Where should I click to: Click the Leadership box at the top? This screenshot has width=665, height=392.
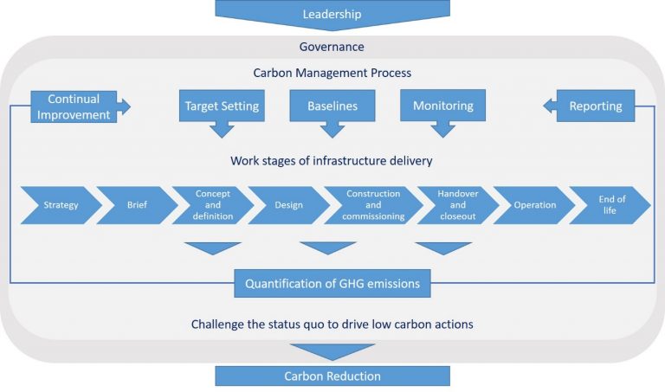332,14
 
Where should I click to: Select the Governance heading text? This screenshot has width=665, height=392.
332,47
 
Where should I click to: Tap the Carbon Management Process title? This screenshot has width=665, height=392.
332,74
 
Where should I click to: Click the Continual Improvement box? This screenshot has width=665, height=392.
74,106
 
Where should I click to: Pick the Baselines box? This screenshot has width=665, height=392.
332,106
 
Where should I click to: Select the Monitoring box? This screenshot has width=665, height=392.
442,106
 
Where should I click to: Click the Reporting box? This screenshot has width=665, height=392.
595,106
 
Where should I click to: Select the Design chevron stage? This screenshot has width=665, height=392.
288,205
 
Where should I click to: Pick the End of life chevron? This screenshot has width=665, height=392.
610,205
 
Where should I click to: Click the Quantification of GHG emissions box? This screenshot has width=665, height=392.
332,283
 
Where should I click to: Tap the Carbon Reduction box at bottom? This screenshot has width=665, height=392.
332,376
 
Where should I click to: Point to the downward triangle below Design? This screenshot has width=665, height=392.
328,247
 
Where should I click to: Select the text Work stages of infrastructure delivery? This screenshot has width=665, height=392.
332,161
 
